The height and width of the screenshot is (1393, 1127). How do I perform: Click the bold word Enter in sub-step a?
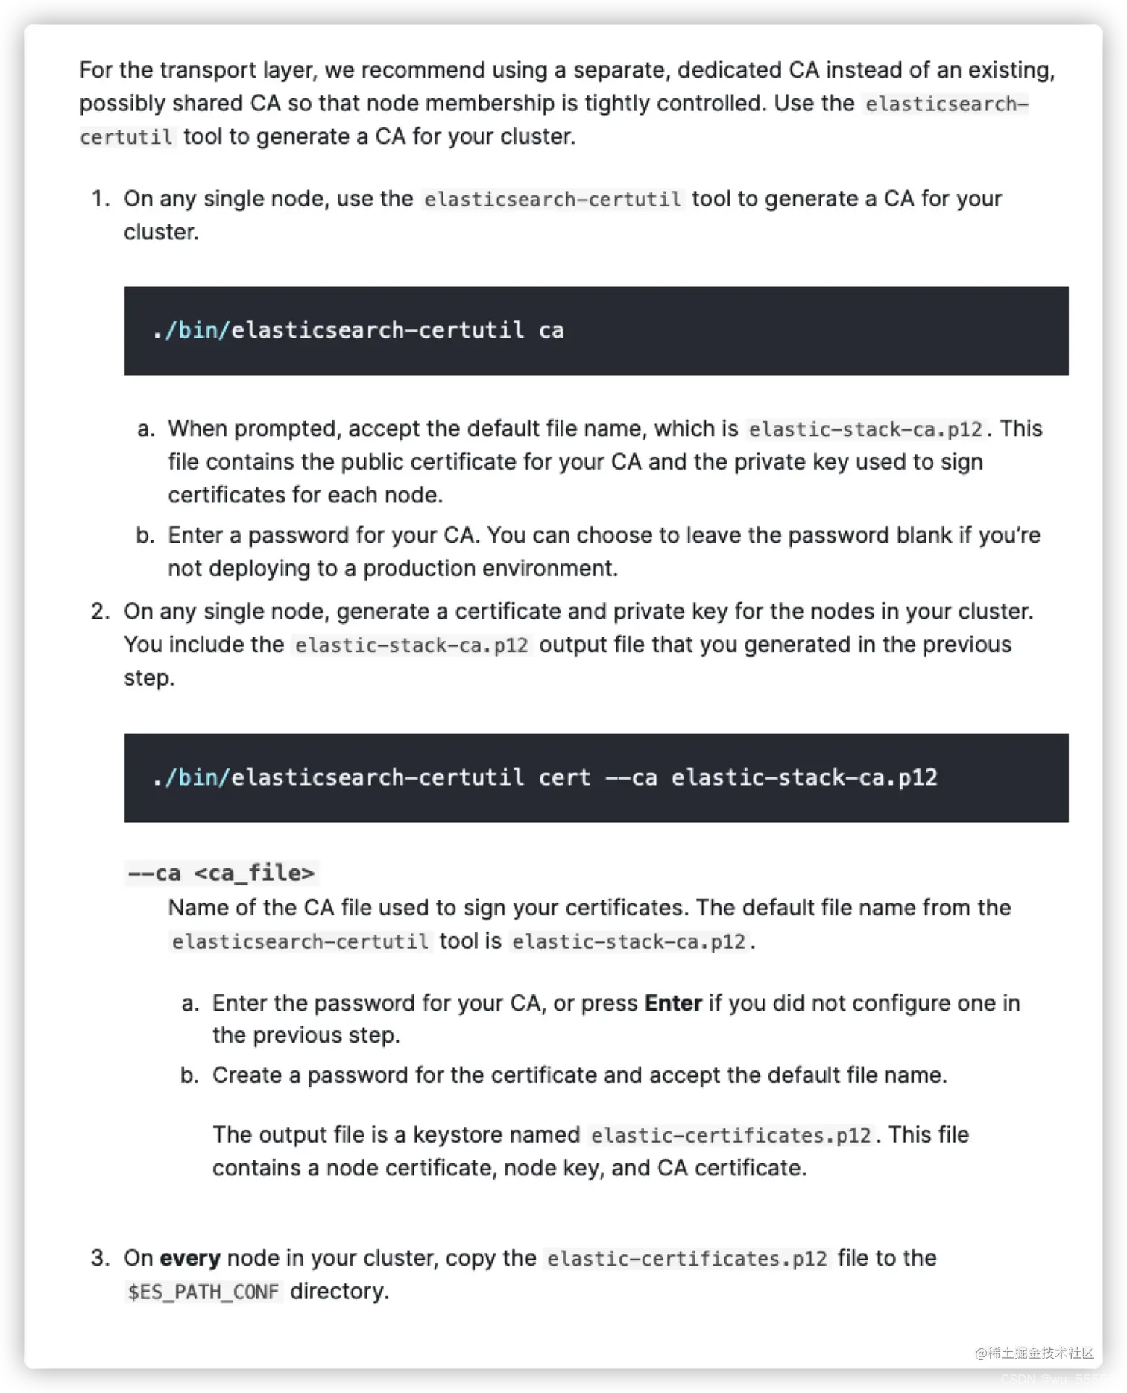tap(673, 1003)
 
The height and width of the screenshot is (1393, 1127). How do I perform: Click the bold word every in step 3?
tap(189, 1258)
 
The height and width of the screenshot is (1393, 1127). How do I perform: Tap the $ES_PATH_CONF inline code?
tap(203, 1292)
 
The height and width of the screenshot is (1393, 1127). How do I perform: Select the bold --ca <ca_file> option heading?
tap(221, 873)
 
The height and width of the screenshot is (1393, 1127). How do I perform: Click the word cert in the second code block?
tap(564, 777)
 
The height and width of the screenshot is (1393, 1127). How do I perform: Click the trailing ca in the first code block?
tap(551, 330)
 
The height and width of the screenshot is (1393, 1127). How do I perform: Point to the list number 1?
tap(101, 199)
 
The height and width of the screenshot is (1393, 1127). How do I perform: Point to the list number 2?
tap(101, 612)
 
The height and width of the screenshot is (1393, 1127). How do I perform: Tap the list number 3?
tap(101, 1258)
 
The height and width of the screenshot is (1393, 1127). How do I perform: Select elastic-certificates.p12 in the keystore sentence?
tap(730, 1135)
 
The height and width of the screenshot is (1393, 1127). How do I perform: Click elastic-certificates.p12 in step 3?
tap(686, 1259)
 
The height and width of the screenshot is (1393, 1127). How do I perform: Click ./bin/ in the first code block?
tap(190, 330)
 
